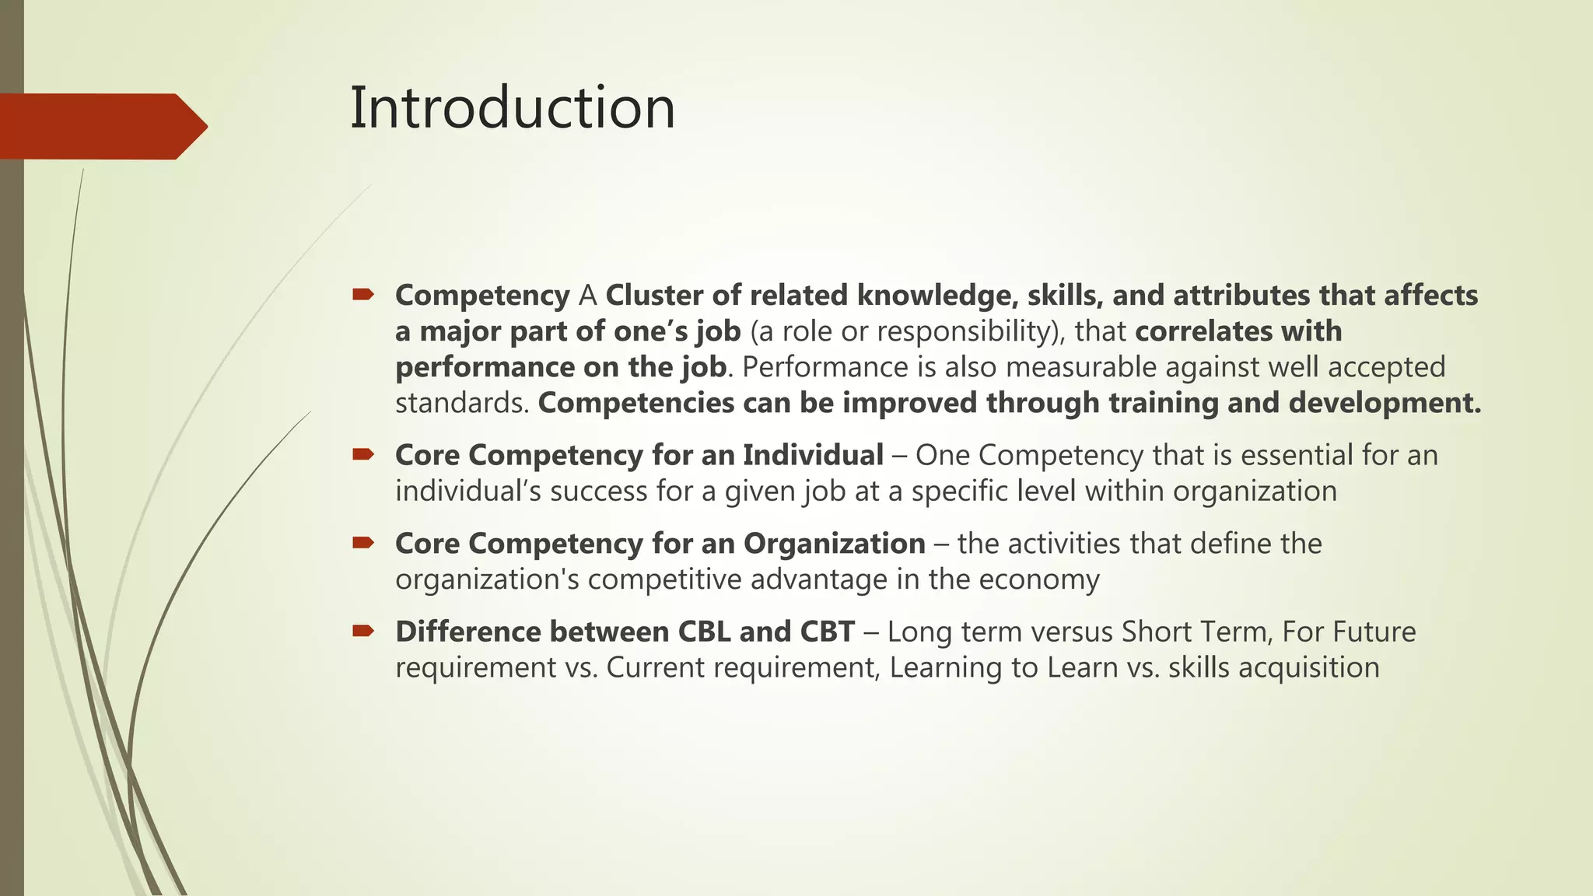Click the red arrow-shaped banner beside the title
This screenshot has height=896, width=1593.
101,126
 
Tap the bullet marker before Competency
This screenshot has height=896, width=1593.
362,294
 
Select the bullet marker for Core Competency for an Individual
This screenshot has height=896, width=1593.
362,454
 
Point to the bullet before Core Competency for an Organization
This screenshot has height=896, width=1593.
362,542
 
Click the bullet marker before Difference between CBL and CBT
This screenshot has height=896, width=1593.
362,630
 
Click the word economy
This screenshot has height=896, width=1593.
1039,580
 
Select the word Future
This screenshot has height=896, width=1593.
1374,632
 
